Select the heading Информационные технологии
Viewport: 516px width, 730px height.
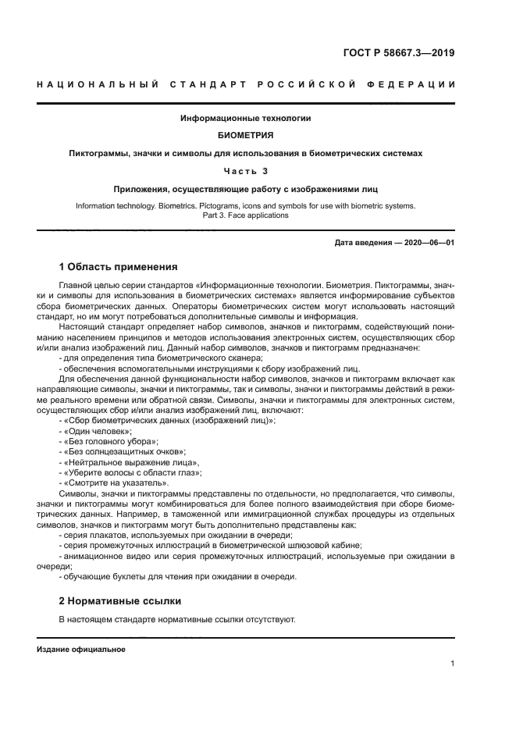pyautogui.click(x=246, y=118)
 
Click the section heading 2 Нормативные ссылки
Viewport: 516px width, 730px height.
pyautogui.click(x=119, y=601)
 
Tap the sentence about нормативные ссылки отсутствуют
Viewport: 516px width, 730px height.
pyautogui.click(x=177, y=619)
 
